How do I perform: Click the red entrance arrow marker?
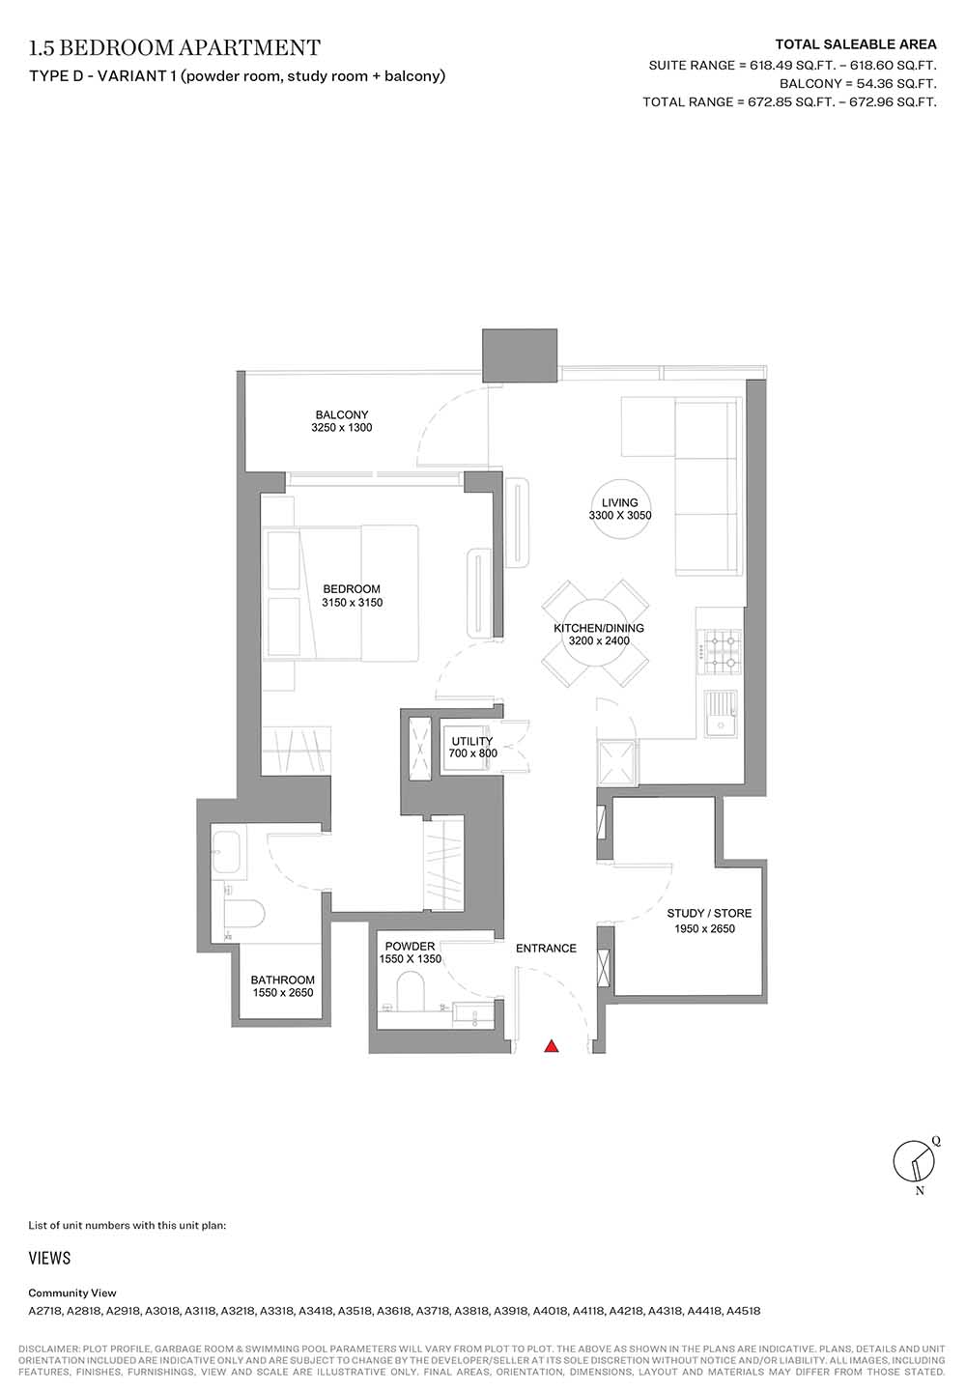(x=552, y=1046)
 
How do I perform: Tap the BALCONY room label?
(x=341, y=414)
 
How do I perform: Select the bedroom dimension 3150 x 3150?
(x=352, y=602)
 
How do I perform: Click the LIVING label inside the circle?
(x=620, y=502)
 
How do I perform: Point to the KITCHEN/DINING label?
(x=599, y=628)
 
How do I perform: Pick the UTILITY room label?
(x=471, y=741)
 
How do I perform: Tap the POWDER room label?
(x=410, y=946)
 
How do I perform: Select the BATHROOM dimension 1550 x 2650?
(x=283, y=992)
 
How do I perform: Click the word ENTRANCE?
(x=546, y=948)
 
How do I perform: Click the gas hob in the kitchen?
(x=720, y=651)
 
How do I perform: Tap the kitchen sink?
(x=721, y=714)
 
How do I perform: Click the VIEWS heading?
(x=49, y=1258)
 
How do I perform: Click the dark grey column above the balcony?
(x=520, y=355)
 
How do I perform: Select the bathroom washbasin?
(x=228, y=851)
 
